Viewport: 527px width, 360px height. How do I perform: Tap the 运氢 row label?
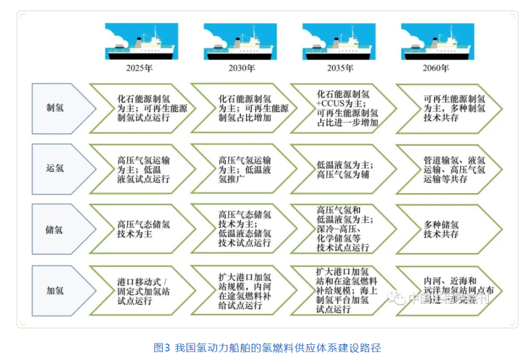click(x=56, y=169)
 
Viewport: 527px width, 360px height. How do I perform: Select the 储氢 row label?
click(x=56, y=229)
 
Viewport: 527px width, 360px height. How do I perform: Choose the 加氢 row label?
click(x=56, y=291)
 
